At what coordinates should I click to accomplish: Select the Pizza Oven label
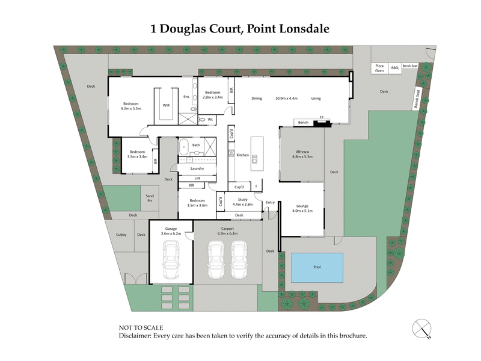(x=379, y=67)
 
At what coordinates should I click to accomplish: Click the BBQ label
(x=395, y=69)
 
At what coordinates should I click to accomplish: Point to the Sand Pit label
(x=150, y=198)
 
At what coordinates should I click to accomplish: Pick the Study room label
(x=243, y=199)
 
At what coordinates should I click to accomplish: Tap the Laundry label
(x=197, y=168)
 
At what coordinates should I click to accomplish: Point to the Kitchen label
(x=242, y=155)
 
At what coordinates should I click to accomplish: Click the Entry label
(x=270, y=202)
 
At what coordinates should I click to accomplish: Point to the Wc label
(x=210, y=119)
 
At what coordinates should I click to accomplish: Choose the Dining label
(x=257, y=98)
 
